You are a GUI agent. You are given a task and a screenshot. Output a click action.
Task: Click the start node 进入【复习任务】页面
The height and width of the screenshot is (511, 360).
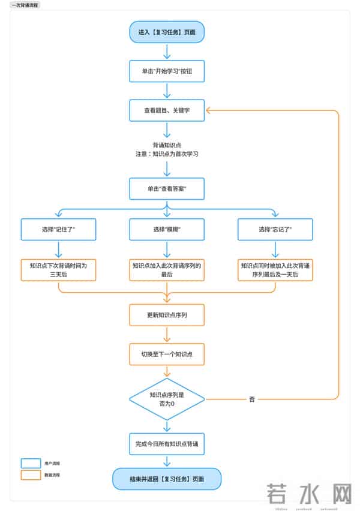point(167,32)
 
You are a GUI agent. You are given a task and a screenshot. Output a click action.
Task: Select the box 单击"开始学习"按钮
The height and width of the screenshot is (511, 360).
point(167,71)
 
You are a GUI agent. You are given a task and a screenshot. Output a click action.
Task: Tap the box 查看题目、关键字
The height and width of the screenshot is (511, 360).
point(167,110)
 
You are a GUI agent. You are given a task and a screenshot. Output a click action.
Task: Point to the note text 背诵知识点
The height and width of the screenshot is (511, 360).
point(167,145)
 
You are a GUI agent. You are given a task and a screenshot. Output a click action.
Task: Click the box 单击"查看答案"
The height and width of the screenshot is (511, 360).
point(167,188)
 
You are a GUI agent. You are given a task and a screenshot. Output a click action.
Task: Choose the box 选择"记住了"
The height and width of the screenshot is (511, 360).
point(58,230)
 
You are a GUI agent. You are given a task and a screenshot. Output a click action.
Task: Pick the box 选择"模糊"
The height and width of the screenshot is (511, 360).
point(167,230)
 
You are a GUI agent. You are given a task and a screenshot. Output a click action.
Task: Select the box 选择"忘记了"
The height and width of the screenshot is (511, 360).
point(275,230)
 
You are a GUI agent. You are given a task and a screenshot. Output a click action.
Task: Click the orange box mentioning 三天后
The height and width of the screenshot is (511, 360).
point(58,269)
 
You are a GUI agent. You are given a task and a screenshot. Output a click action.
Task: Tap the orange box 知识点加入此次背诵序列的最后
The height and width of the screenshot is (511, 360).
point(167,269)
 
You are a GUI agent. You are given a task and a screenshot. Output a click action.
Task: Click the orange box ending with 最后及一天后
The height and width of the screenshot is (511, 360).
point(275,269)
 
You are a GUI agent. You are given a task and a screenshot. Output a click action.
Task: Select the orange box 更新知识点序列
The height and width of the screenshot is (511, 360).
point(167,315)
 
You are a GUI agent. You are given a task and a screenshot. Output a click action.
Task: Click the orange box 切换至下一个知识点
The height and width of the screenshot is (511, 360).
point(167,354)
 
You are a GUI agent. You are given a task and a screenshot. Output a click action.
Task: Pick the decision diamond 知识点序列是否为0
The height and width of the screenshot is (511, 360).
point(167,399)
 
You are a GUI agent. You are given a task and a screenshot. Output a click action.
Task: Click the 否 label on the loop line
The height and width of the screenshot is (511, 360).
point(252,399)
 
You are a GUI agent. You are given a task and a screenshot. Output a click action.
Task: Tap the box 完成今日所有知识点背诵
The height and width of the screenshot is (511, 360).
point(167,444)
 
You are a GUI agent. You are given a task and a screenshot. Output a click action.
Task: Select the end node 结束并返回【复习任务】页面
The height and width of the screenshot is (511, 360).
point(167,479)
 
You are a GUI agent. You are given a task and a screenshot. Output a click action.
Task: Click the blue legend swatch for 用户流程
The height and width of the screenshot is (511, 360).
point(30,463)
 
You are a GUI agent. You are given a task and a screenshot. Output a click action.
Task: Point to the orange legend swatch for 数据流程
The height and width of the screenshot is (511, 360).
point(30,474)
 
